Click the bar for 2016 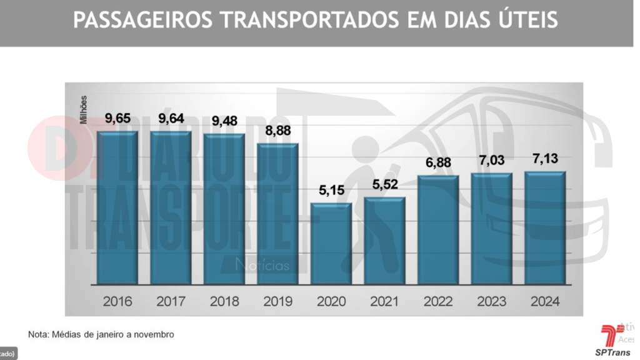[117, 208]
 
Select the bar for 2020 [331, 244]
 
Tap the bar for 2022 [438, 230]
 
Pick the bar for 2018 [224, 209]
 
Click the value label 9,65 [117, 117]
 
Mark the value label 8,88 [277, 130]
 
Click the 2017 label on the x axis [171, 302]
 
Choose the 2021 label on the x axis [385, 302]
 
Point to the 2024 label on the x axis [546, 302]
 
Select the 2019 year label [277, 302]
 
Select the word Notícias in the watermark [262, 266]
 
